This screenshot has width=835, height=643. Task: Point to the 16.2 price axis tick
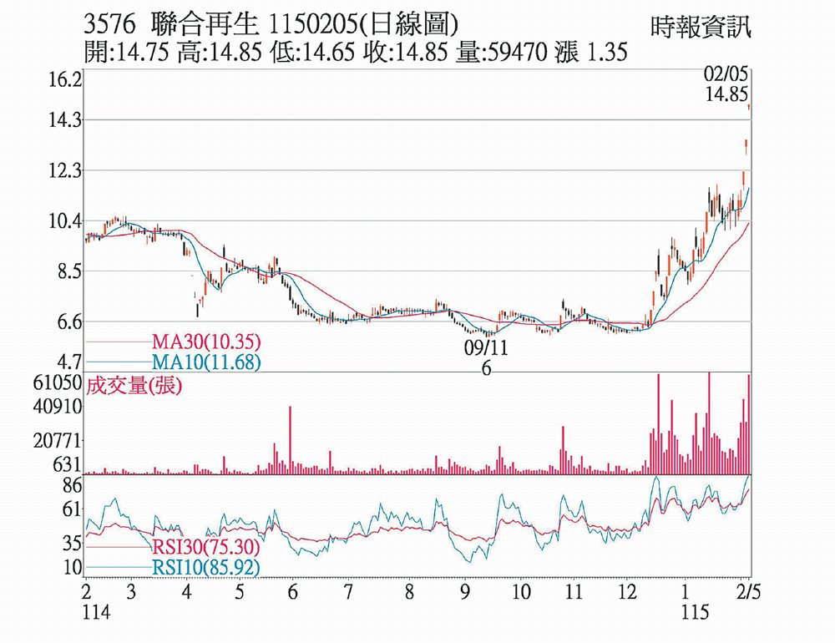pyautogui.click(x=64, y=81)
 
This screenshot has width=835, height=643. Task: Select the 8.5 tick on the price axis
pyautogui.click(x=64, y=271)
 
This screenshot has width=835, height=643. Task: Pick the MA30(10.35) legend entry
pyautogui.click(x=206, y=342)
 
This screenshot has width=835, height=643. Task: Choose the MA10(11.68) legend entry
pyautogui.click(x=206, y=362)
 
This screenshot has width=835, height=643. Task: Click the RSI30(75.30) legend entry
pyautogui.click(x=206, y=549)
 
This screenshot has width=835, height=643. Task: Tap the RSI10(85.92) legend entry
pyautogui.click(x=206, y=568)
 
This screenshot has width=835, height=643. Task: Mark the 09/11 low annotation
pyautogui.click(x=487, y=347)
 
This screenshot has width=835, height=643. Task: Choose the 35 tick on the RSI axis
pyautogui.click(x=70, y=544)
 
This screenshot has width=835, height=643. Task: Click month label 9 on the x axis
pyautogui.click(x=463, y=592)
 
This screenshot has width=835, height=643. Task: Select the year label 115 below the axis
pyautogui.click(x=694, y=613)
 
